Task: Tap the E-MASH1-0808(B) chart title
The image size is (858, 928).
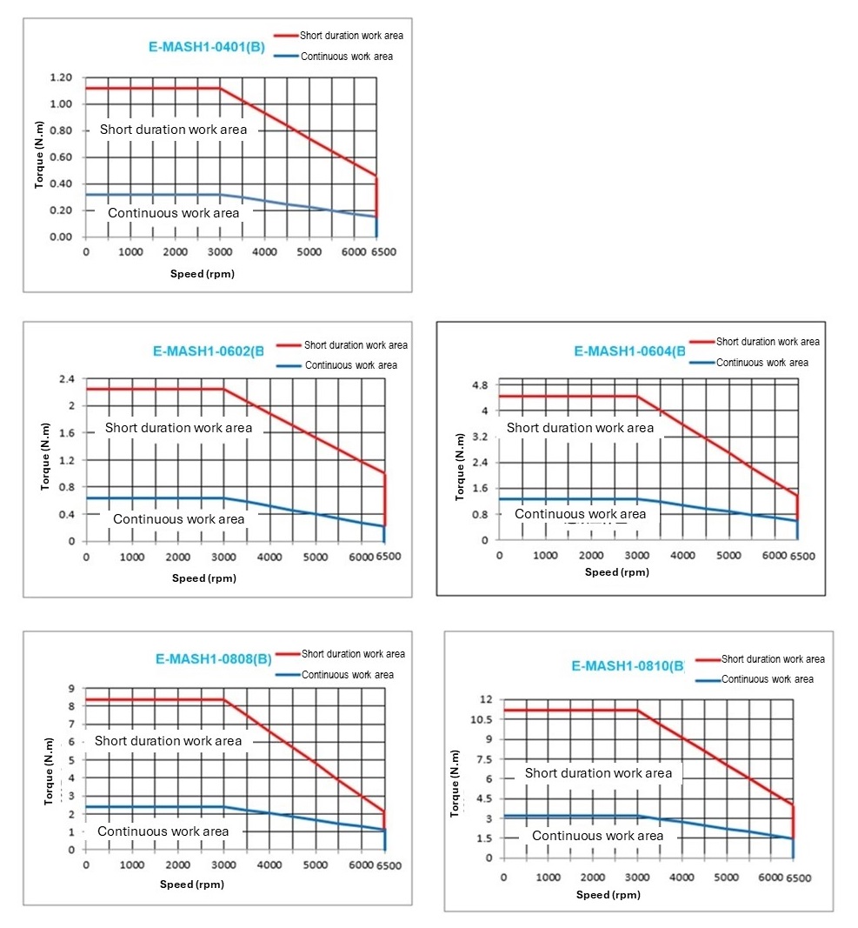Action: pos(214,658)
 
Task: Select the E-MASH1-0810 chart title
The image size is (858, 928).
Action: pos(628,666)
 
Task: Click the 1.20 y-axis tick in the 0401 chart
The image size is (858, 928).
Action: pos(60,77)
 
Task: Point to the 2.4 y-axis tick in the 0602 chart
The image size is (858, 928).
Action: pos(67,379)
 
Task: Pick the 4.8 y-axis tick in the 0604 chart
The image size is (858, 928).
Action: pos(479,384)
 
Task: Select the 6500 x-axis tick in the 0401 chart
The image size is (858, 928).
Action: pos(383,252)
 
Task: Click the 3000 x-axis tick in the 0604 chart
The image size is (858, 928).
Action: pos(636,555)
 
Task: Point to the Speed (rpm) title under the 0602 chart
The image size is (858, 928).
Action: pos(203,578)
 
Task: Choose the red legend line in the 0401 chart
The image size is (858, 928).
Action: pos(286,36)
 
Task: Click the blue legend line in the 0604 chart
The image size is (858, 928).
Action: pos(702,363)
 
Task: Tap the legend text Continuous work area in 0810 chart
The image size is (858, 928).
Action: pos(768,679)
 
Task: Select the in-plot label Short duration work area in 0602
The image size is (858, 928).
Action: pos(179,428)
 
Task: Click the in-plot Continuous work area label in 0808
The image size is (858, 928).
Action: pos(163,831)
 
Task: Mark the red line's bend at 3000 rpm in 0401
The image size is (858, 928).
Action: pos(219,88)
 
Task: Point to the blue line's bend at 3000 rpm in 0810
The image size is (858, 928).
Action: pos(638,816)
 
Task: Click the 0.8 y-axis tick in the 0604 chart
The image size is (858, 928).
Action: pos(480,514)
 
